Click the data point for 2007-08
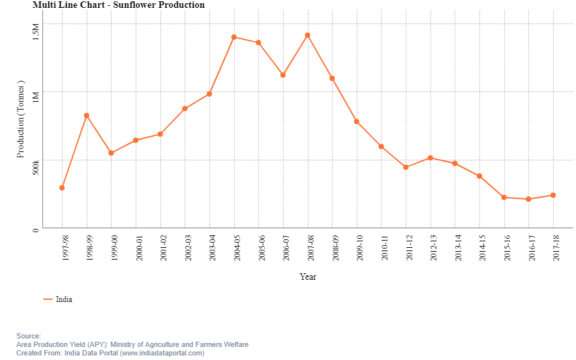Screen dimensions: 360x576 (307, 35)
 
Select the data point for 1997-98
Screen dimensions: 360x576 (62, 188)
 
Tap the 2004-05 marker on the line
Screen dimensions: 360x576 (234, 37)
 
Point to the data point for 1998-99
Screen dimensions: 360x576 (86, 115)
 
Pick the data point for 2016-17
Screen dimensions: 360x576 (528, 199)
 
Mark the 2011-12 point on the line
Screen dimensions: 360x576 (406, 168)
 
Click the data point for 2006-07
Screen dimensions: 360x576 (282, 75)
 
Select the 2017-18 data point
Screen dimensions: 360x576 (553, 195)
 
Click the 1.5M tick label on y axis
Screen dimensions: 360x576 (37, 31)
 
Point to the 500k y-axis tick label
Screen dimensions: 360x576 (37, 167)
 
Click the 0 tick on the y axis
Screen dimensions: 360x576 (37, 229)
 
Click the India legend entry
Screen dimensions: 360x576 (63, 299)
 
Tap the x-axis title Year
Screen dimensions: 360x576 (308, 277)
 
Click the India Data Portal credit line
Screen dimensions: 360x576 (110, 353)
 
